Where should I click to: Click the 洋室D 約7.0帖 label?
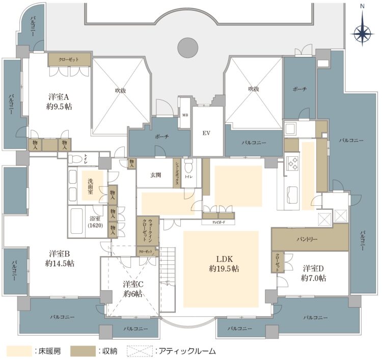click(314, 273)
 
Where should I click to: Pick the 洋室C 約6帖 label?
click(132, 289)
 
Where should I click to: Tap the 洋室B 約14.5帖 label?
click(60, 258)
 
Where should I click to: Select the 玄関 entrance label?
click(155, 175)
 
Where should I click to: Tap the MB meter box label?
click(184, 116)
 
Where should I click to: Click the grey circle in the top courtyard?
click(187, 48)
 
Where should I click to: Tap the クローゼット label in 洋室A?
click(69, 60)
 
